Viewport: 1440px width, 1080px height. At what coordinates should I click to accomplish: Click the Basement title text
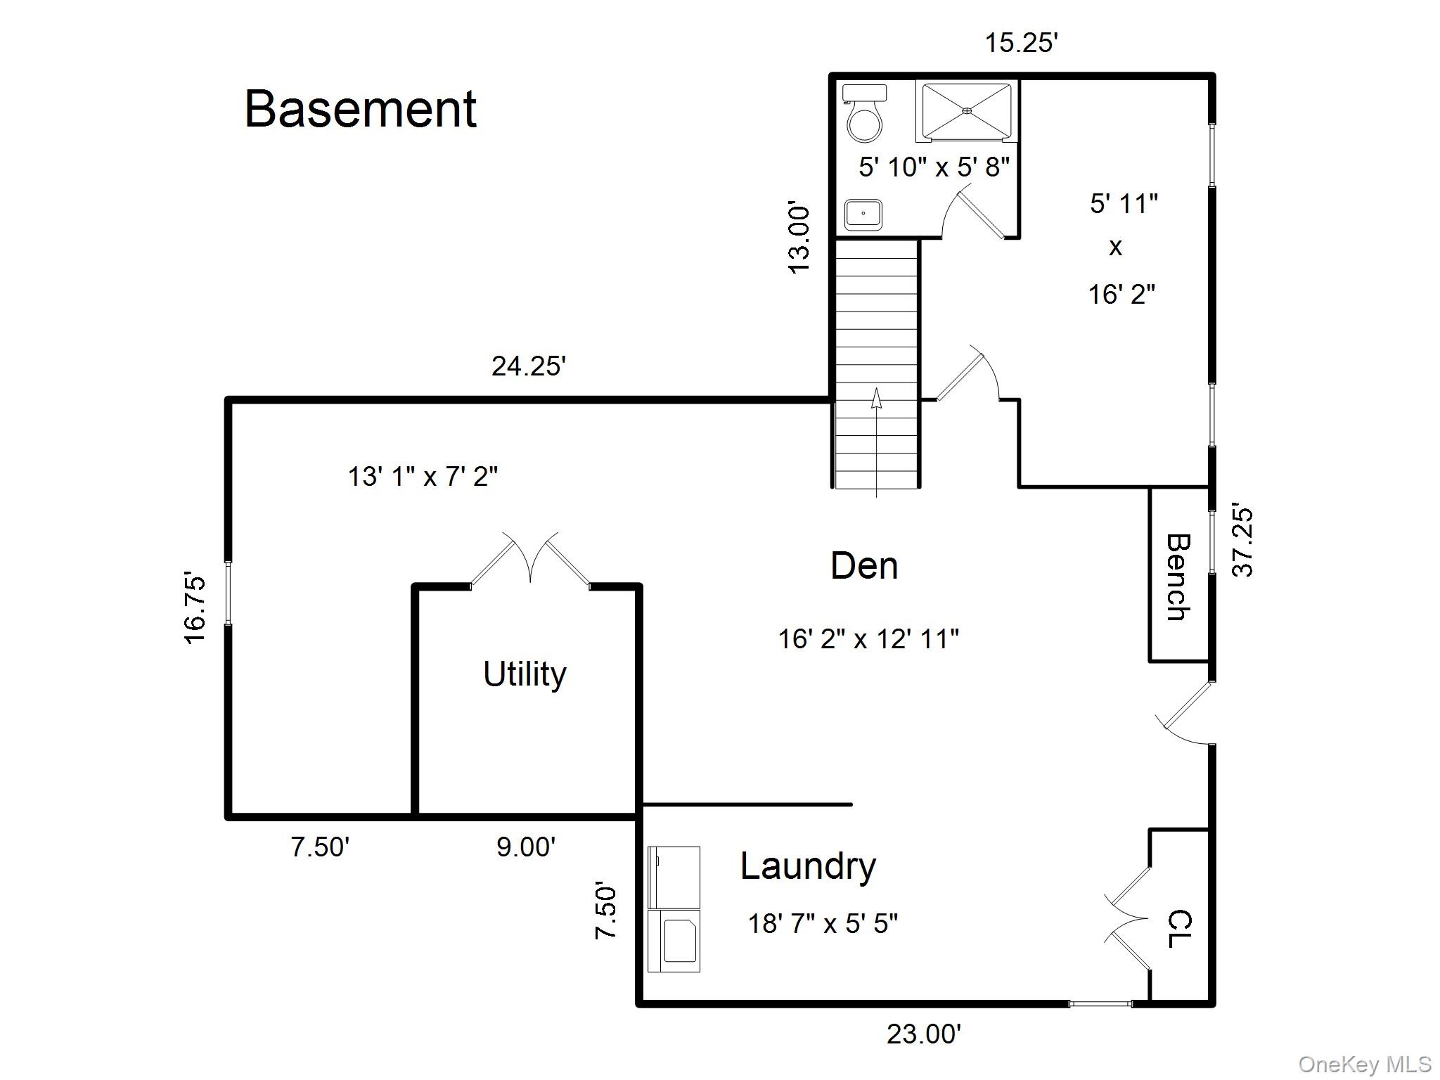pyautogui.click(x=360, y=110)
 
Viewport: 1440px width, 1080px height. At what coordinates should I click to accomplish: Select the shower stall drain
pyautogui.click(x=966, y=110)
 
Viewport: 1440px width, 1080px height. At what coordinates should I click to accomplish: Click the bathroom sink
pyautogui.click(x=863, y=214)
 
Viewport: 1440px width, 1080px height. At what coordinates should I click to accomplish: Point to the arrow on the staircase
pyautogui.click(x=876, y=399)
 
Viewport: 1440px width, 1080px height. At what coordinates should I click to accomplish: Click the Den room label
pyautogui.click(x=864, y=566)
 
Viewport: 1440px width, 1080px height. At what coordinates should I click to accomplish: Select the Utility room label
pyautogui.click(x=525, y=674)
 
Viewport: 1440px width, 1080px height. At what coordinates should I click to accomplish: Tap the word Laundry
pyautogui.click(x=808, y=866)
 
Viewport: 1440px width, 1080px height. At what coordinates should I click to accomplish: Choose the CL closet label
pyautogui.click(x=1179, y=929)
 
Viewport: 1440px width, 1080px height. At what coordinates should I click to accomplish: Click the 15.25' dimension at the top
pyautogui.click(x=1021, y=44)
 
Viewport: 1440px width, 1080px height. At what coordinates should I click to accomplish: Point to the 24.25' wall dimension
pyautogui.click(x=528, y=367)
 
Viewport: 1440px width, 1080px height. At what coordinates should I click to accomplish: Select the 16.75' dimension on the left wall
pyautogui.click(x=195, y=609)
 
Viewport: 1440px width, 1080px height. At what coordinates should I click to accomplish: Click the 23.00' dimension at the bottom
pyautogui.click(x=923, y=1034)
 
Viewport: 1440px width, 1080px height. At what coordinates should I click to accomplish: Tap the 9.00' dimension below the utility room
pyautogui.click(x=526, y=847)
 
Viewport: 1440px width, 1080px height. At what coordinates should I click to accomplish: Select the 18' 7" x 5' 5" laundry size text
pyautogui.click(x=823, y=924)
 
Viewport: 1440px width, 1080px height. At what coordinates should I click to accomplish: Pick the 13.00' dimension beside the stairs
pyautogui.click(x=799, y=238)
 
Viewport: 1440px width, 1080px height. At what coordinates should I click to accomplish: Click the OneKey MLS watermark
pyautogui.click(x=1364, y=1065)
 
